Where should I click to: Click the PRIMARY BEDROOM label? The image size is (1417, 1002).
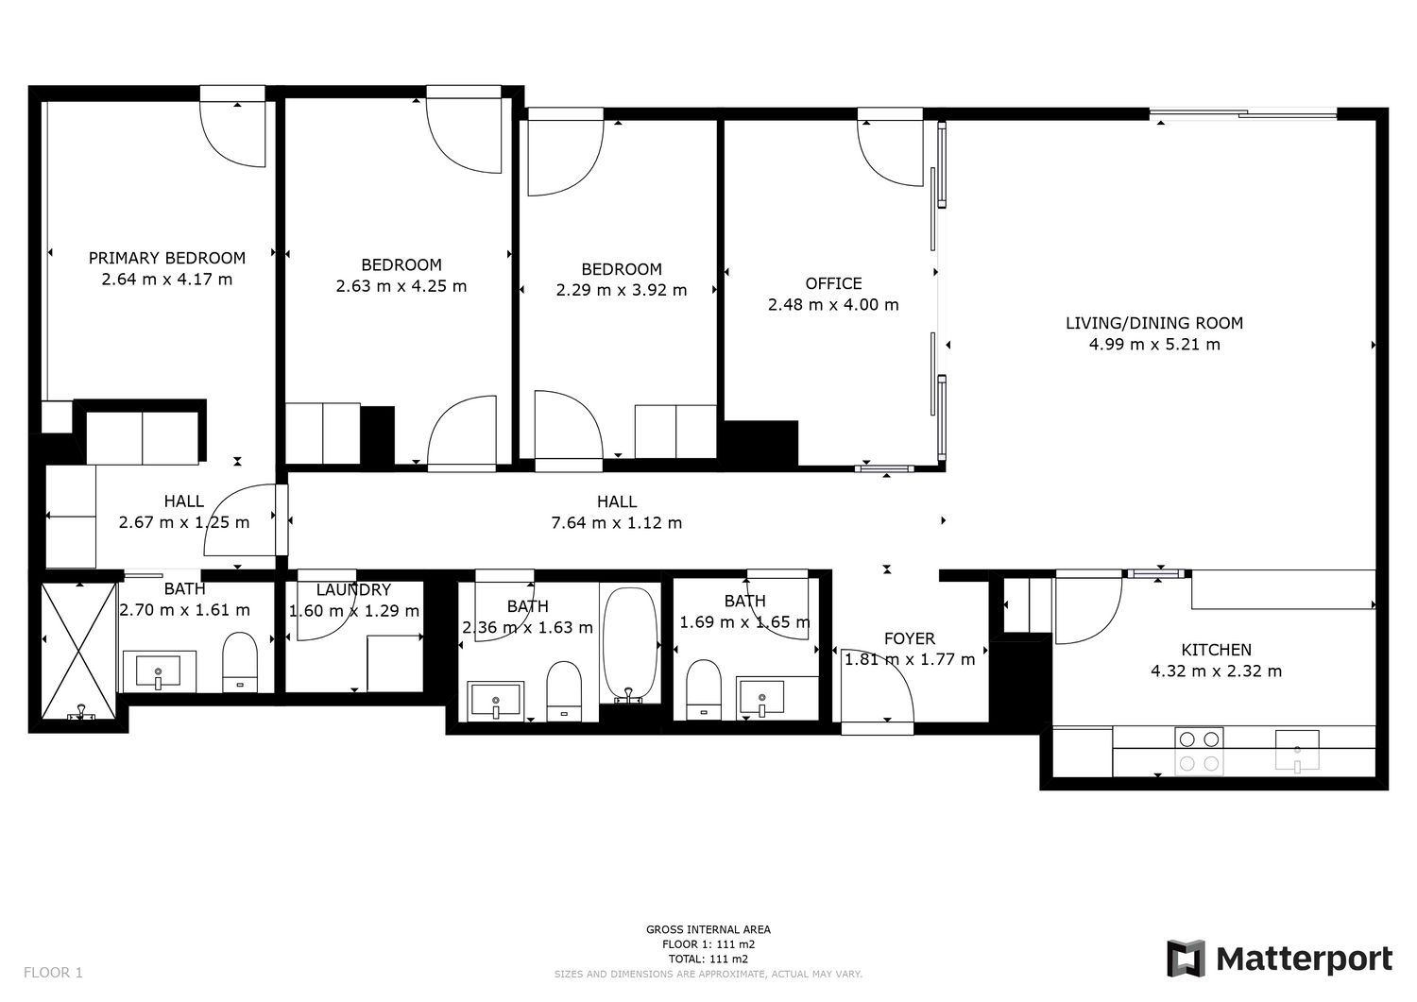(x=167, y=258)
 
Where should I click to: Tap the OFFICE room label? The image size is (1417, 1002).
(x=833, y=283)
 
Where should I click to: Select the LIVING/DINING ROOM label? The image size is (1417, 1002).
(x=1154, y=323)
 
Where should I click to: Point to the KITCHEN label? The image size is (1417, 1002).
(x=1216, y=650)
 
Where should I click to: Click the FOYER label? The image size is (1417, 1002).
(x=910, y=639)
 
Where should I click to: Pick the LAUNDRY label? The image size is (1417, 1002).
(x=353, y=590)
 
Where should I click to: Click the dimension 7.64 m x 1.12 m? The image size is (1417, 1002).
(x=617, y=523)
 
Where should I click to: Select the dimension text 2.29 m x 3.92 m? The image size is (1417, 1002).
(x=622, y=290)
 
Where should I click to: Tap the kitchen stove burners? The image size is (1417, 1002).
(x=1199, y=751)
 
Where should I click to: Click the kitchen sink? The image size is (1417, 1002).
(x=1297, y=751)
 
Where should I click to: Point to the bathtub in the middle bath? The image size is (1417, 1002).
(x=630, y=645)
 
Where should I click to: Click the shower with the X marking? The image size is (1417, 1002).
(x=79, y=652)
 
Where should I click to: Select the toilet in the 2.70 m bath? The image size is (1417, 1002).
(x=240, y=662)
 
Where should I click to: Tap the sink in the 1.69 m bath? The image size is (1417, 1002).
(x=762, y=698)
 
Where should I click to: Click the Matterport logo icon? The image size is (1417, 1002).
(x=1187, y=959)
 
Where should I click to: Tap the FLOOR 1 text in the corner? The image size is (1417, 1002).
(x=53, y=973)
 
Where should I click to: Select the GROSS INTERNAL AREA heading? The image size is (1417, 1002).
(x=708, y=929)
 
